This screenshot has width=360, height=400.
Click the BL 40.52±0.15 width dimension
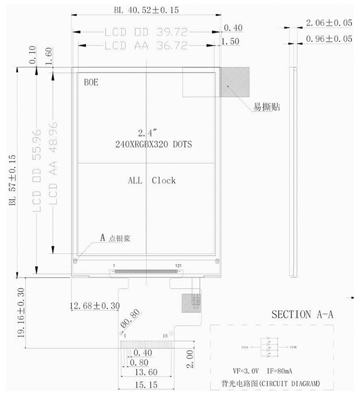point(143,9)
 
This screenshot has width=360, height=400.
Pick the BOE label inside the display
point(91,82)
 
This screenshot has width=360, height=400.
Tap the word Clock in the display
point(164,181)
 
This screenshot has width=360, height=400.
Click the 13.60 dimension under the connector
point(146,372)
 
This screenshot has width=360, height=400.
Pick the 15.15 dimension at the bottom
point(146,385)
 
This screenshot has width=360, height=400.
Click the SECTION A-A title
point(302,315)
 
